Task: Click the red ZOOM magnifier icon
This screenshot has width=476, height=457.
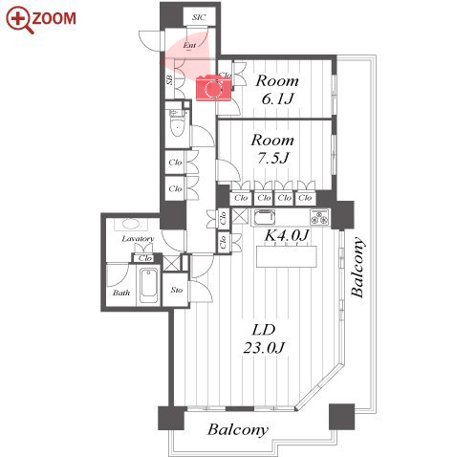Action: point(19,20)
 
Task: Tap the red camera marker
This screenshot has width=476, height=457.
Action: point(213,88)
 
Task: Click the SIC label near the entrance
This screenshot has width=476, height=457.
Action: point(199,17)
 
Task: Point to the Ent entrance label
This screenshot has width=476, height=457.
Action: point(189,45)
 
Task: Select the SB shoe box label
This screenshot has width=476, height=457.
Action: point(170,79)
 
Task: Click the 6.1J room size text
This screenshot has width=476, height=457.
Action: point(277,98)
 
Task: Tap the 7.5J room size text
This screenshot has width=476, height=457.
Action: point(273,158)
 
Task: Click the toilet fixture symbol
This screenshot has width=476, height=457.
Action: point(178,123)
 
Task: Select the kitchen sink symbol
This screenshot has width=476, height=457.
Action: point(264,217)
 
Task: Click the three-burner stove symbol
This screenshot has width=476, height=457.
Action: point(319,217)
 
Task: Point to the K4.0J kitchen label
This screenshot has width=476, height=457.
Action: point(287,235)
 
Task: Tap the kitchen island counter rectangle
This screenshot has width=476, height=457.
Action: point(287,256)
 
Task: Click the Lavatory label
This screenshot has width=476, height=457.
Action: point(138,238)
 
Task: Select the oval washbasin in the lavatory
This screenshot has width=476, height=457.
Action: point(131,224)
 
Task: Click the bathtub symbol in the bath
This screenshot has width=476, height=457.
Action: point(149,286)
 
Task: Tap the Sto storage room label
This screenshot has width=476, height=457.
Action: point(177,290)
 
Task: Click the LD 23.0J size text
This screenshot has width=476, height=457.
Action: point(264,338)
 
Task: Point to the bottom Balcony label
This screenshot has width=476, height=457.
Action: point(238,430)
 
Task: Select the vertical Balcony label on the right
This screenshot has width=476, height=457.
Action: point(357,267)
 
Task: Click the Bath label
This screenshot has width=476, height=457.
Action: point(121,293)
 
